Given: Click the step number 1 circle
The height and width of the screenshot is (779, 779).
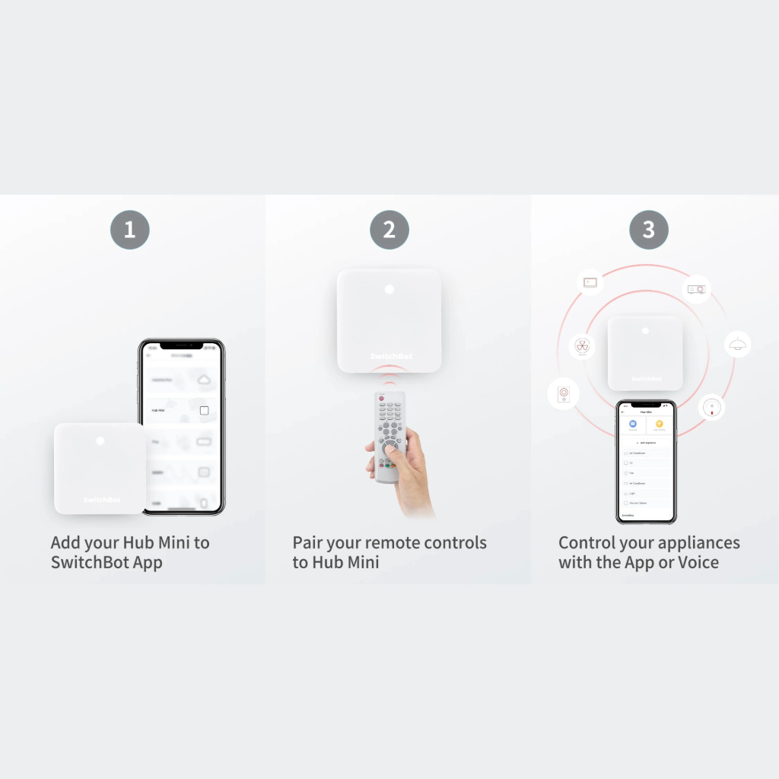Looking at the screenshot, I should click(129, 230).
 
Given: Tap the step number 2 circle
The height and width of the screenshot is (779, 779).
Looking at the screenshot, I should click(389, 230).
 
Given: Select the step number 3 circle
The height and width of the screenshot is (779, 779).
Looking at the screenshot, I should click(649, 230).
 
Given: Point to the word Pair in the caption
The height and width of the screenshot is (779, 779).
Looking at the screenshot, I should click(310, 543).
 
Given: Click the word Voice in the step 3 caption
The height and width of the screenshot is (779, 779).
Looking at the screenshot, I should click(698, 563).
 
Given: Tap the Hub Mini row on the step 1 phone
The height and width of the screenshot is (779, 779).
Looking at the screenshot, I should click(181, 410).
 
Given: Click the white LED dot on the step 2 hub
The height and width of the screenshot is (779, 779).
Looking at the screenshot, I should click(389, 289).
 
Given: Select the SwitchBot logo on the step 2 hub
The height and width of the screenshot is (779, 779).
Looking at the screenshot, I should click(389, 356).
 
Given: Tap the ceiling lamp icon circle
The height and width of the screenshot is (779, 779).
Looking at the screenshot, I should click(736, 345).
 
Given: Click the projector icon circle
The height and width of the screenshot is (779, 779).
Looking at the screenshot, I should click(696, 289).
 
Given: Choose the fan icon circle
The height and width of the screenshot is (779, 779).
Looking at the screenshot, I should click(583, 346).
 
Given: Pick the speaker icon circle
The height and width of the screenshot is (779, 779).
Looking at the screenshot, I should click(563, 394).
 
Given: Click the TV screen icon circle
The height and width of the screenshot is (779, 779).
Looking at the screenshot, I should click(590, 282).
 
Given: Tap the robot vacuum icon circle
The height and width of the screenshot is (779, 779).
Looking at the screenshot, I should click(711, 406).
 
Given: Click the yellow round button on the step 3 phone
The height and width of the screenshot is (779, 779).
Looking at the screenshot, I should click(659, 424).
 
